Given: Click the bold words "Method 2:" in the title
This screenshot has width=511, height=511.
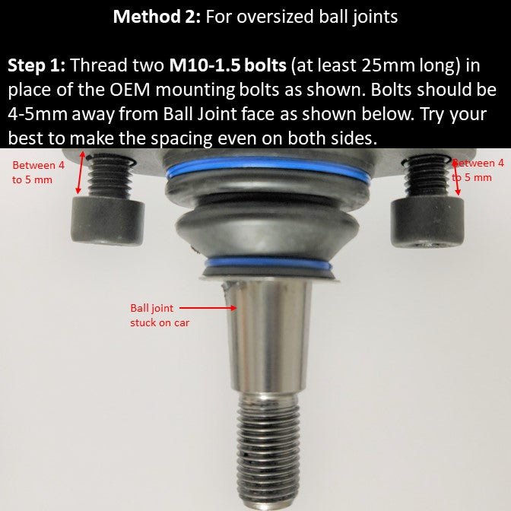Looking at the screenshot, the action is coord(157,16).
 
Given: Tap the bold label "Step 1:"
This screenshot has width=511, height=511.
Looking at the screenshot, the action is coord(36,65).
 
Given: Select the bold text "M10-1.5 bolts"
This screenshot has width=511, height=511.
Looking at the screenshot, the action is coord(227,65).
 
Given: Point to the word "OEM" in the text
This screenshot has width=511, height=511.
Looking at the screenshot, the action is coord(130,90).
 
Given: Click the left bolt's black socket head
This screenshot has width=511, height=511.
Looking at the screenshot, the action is coord(107,221).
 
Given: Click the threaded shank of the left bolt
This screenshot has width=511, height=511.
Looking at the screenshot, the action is coord(109,176).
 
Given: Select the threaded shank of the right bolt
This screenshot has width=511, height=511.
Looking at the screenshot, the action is coord(426,177).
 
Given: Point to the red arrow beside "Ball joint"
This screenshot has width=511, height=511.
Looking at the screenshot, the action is coord(208,308).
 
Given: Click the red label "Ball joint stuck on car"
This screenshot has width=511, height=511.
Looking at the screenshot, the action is coord(160,315).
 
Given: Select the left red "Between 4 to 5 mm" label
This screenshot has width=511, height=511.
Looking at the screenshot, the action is coord(38,172).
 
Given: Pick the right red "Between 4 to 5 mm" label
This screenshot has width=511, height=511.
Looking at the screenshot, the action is coord(478,170).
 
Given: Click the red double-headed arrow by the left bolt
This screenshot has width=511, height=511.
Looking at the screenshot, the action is coord(80,173).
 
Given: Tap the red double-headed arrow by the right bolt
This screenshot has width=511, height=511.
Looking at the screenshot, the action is coord(456,176).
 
